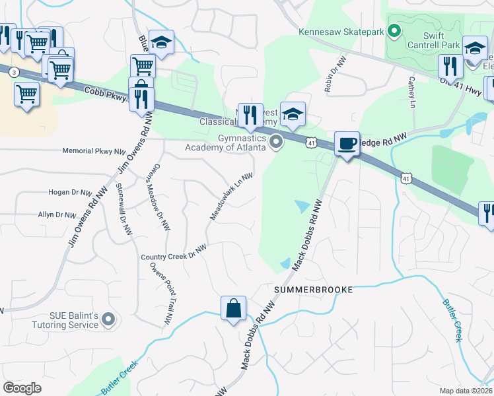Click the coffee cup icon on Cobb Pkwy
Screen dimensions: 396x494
coord(347,143)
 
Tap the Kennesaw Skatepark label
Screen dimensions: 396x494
coord(340,31)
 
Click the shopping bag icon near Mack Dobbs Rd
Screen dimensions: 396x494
coord(233,308)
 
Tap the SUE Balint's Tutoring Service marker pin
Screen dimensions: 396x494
coord(109,321)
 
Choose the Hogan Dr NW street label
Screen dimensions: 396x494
coord(69,193)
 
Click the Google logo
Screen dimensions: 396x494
coord(22,388)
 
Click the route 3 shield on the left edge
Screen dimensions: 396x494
coord(14,73)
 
